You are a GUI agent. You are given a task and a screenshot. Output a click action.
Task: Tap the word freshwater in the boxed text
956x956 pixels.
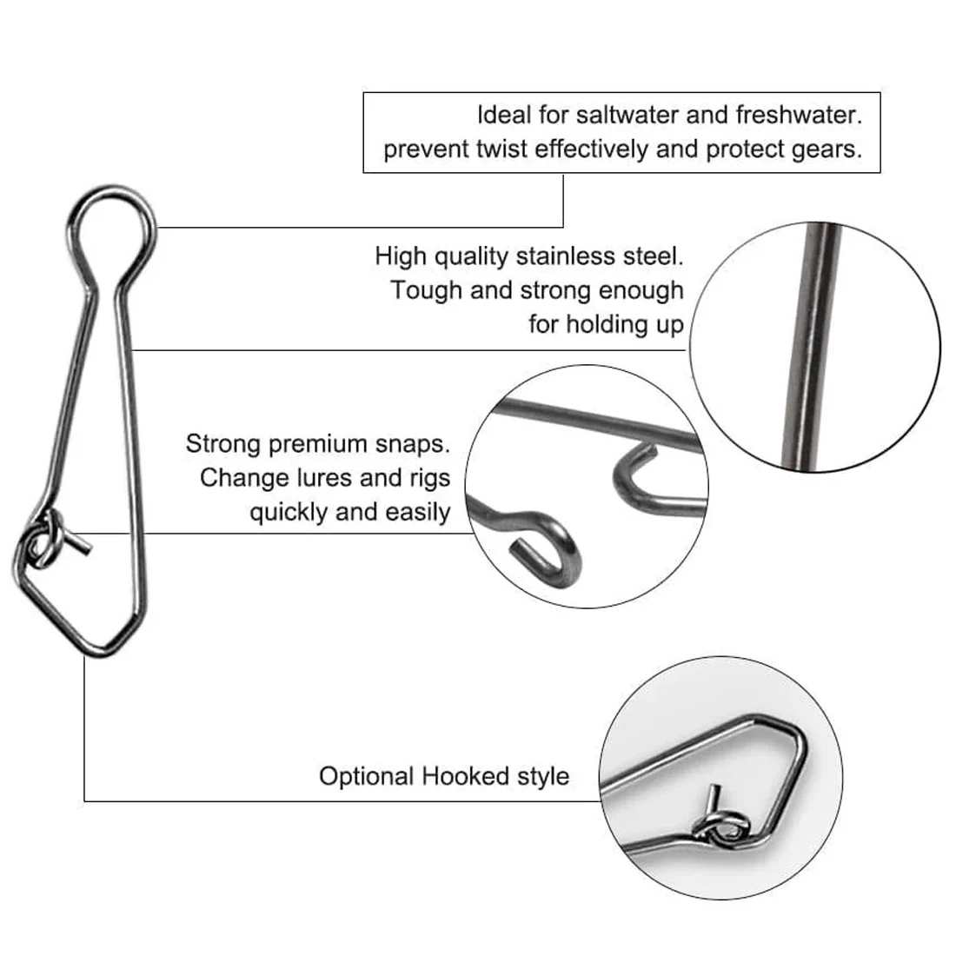(799, 116)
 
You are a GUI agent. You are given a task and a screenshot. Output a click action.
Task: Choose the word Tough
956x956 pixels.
(427, 291)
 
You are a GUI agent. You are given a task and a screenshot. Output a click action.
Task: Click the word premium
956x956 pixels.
(317, 444)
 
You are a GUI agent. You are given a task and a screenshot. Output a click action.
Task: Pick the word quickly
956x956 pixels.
(289, 513)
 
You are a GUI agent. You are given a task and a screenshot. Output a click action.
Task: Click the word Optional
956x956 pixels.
(367, 777)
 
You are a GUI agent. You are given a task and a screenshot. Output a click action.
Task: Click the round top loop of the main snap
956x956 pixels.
(111, 189)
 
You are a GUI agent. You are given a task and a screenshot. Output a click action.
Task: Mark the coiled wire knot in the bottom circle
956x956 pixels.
(721, 827)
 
